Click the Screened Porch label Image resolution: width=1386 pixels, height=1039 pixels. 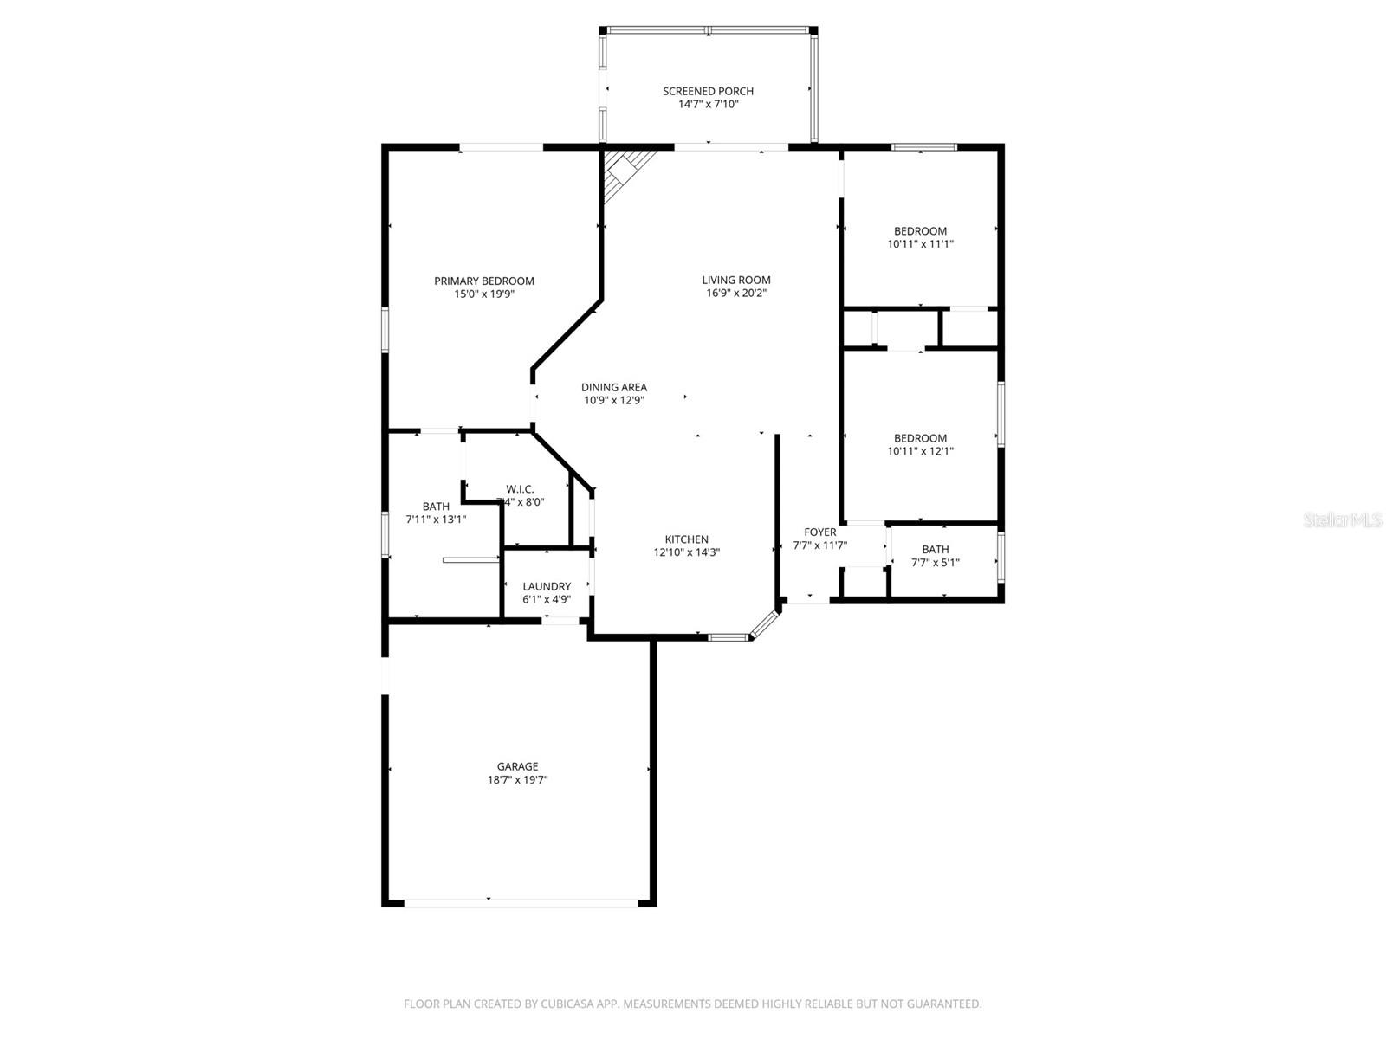(x=708, y=91)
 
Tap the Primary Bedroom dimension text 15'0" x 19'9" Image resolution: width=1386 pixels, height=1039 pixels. (x=483, y=294)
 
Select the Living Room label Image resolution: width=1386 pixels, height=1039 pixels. (x=735, y=280)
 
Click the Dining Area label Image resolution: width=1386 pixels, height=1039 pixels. (x=613, y=387)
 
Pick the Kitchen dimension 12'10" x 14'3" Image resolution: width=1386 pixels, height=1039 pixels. (x=687, y=552)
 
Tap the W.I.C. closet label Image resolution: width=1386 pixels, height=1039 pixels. (x=520, y=489)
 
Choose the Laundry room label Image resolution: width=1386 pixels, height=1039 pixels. (x=547, y=586)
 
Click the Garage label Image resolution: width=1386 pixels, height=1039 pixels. (x=517, y=766)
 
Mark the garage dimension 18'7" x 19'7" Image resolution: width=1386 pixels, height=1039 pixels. (x=517, y=779)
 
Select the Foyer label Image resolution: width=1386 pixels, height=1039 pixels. (x=819, y=532)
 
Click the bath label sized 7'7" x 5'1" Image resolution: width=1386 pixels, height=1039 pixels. (x=935, y=549)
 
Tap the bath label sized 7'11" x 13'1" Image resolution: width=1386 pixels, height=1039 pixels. (x=436, y=507)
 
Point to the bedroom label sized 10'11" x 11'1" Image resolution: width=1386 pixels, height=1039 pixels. (x=920, y=231)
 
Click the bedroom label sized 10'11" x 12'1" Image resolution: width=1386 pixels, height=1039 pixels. (x=920, y=438)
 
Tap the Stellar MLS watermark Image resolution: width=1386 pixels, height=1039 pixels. (x=1344, y=519)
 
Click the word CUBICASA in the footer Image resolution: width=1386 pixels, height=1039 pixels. (x=563, y=1004)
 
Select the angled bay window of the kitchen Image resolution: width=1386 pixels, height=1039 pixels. (x=764, y=624)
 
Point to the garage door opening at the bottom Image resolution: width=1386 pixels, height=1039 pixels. (x=520, y=902)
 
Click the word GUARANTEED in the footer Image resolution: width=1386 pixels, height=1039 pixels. (x=943, y=1004)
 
